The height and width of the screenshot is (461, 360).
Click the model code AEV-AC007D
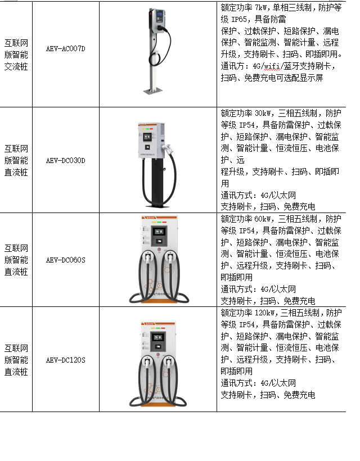coord(66,48)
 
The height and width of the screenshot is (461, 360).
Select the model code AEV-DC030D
coord(66,161)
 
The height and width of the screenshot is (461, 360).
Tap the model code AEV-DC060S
coord(66,260)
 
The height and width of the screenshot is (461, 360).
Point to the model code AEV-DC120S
coord(66,360)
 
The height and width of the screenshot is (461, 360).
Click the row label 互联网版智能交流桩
coord(16,55)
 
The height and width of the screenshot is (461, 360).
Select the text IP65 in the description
coord(239,20)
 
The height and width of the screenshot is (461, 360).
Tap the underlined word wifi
coord(272,66)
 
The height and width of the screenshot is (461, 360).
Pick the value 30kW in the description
coord(262,113)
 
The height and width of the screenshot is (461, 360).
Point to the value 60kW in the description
coord(262,219)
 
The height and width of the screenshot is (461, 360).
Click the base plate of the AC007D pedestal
coord(153,91)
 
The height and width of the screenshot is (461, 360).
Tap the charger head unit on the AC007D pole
coord(157,20)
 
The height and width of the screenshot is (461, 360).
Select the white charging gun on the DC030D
coord(169,149)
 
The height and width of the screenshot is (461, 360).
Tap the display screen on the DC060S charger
coord(159,232)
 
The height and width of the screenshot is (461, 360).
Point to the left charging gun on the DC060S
coord(147,258)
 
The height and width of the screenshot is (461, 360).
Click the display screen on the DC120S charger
coord(158,337)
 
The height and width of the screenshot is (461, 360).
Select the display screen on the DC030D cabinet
coord(147,137)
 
